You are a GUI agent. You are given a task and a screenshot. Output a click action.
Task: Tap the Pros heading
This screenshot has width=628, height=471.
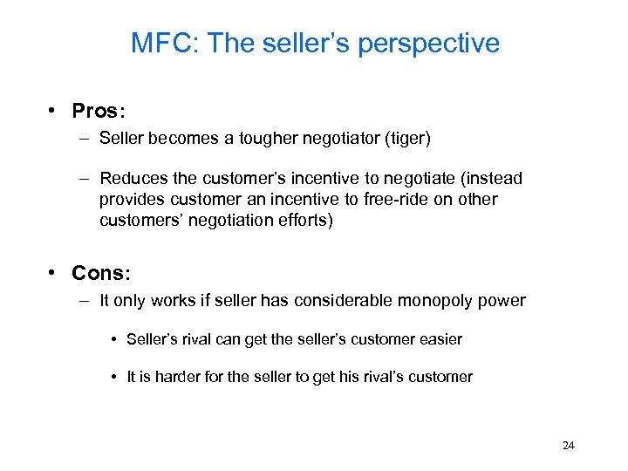pyautogui.click(x=99, y=111)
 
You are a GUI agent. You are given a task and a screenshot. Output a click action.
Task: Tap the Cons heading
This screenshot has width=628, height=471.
pyautogui.click(x=100, y=273)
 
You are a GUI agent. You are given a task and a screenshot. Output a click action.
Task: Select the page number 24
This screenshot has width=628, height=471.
pyautogui.click(x=568, y=445)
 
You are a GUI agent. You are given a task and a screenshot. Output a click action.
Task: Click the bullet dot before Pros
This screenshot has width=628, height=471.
pyautogui.click(x=53, y=111)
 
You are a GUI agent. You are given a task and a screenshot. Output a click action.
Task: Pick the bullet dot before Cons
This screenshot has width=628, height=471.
pyautogui.click(x=53, y=273)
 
